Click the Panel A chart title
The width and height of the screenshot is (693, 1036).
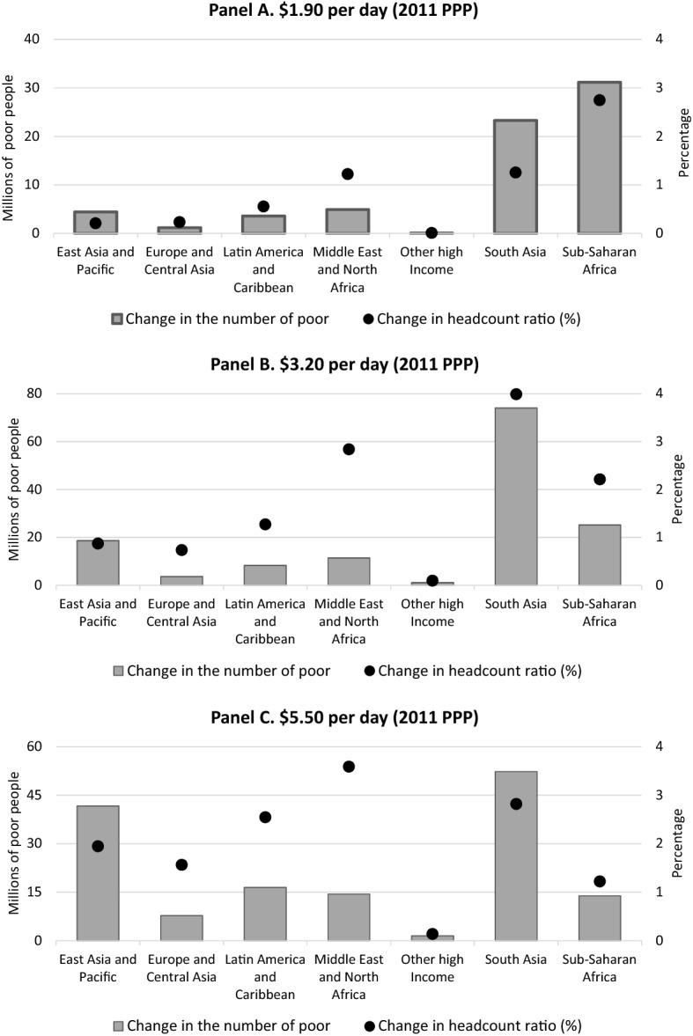click(345, 11)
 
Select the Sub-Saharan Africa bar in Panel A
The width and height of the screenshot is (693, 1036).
click(599, 158)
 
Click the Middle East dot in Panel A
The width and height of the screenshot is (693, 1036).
click(348, 174)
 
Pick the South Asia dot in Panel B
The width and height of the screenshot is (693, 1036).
click(516, 394)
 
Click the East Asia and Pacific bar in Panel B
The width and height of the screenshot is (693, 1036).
click(98, 562)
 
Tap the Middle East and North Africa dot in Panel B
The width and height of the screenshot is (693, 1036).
click(348, 449)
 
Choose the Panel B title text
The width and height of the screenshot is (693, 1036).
click(345, 365)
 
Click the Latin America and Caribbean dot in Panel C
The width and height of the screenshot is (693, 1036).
click(265, 817)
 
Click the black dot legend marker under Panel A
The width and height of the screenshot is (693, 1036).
click(369, 319)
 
